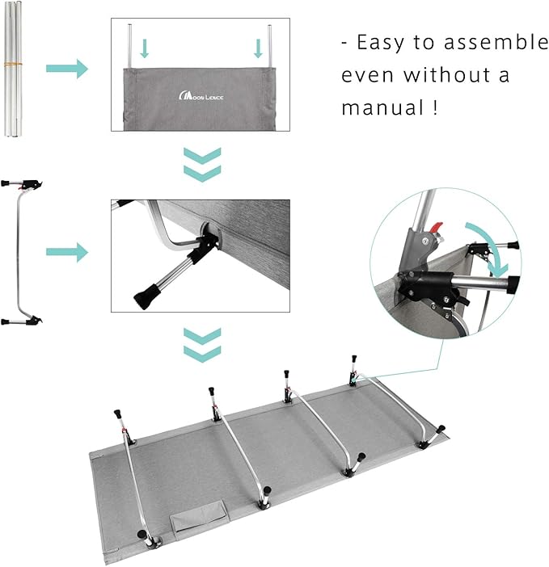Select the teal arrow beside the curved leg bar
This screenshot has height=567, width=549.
click(66, 253)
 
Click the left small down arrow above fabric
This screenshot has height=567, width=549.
click(145, 49)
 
